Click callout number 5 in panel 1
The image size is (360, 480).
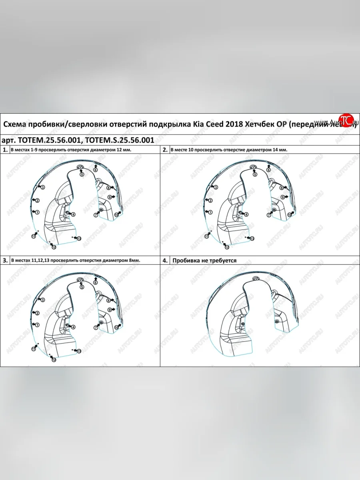point(82,175)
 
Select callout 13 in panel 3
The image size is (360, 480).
point(79,351)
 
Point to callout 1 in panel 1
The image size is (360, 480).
point(36,212)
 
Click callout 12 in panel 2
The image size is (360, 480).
point(226,247)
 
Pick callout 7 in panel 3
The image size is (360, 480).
point(96,327)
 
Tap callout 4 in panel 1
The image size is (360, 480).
point(73,214)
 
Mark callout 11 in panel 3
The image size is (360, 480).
point(34,349)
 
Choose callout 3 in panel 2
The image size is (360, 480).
point(215,187)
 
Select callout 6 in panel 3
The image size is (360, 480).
point(96,282)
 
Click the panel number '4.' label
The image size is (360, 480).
point(165,260)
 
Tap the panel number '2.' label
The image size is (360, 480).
point(165,150)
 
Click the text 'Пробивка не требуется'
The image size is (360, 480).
point(204,260)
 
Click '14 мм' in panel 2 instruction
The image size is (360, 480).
point(281,150)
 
